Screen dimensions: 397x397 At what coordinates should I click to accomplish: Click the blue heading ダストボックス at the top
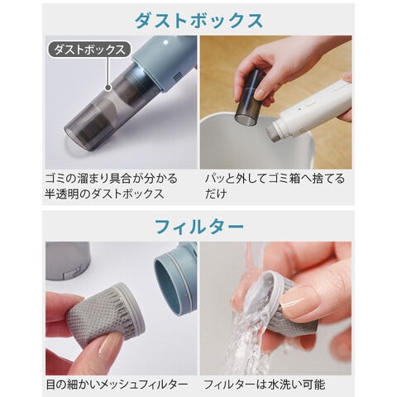(198, 21)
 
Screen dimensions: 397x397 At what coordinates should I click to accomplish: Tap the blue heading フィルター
(199, 227)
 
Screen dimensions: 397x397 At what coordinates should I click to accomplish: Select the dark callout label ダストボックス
(89, 50)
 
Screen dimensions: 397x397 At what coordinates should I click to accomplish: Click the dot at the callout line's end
(108, 88)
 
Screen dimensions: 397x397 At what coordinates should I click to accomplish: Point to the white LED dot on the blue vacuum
(165, 42)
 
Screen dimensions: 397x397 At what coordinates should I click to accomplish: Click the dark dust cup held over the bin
(250, 96)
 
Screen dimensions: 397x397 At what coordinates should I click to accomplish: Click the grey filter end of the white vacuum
(275, 134)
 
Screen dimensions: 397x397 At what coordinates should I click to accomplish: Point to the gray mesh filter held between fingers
(106, 314)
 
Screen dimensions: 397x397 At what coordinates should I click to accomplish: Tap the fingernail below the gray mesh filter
(110, 348)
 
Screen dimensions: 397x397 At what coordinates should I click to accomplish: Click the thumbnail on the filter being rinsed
(298, 301)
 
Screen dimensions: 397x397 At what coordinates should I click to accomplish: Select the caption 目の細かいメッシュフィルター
(117, 385)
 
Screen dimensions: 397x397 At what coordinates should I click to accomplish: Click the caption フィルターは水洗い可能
(265, 385)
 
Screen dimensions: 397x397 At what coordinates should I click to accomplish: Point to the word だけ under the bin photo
(216, 194)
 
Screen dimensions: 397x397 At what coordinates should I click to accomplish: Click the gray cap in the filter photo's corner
(68, 261)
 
